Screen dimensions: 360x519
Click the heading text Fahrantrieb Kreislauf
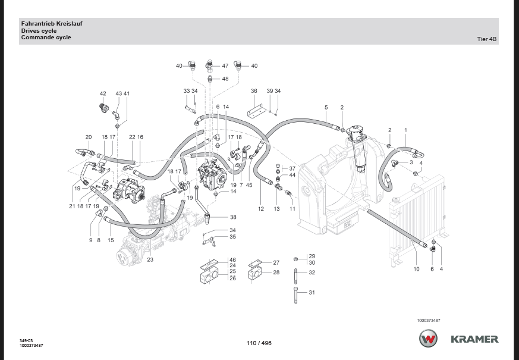pos(52,23)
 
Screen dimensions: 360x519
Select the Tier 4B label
pos(487,39)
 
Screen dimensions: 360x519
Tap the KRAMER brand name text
pos(474,339)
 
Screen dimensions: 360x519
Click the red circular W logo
pos(428,339)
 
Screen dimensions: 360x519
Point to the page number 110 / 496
pos(259,343)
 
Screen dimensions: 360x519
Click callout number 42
pos(103,94)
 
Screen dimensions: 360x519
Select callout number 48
pos(225,79)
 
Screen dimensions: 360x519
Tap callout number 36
pos(254,91)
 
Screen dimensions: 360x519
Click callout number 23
pos(150,259)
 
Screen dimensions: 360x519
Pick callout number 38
pos(234,217)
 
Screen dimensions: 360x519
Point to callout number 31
pos(312,292)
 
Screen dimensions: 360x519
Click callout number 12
pos(261,209)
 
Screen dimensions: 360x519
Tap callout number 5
pos(326,107)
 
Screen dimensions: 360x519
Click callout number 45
pos(249,184)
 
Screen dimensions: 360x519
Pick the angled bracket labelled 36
pos(257,111)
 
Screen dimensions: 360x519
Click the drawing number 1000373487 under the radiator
pos(429,320)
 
